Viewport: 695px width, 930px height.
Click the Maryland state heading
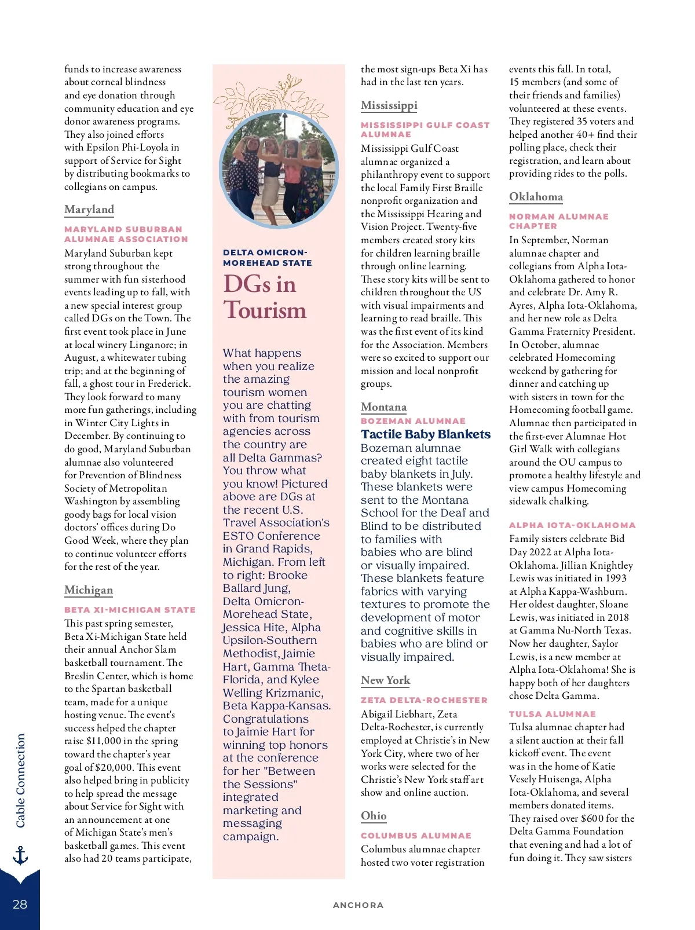[x=89, y=210]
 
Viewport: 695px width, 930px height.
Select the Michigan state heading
[x=89, y=590]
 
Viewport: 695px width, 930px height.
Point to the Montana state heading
[x=383, y=407]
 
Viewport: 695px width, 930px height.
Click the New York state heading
[x=385, y=680]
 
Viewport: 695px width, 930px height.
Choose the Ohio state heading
[x=374, y=816]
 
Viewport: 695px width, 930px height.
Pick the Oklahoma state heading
[x=536, y=197]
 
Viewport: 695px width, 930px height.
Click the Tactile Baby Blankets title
[x=425, y=434]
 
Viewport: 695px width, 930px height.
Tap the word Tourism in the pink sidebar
[x=265, y=310]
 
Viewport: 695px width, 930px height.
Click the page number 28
[x=20, y=905]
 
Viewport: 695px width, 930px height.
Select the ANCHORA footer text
[x=358, y=905]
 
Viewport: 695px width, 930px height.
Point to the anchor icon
[x=20, y=855]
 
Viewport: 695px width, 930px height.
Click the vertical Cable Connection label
[x=21, y=781]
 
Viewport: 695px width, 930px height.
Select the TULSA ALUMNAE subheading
[x=552, y=714]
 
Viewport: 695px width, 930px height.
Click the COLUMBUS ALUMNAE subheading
[x=416, y=836]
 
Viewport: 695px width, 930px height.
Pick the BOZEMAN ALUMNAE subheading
[x=413, y=421]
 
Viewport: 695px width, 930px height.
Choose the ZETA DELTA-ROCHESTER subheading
[x=424, y=700]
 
